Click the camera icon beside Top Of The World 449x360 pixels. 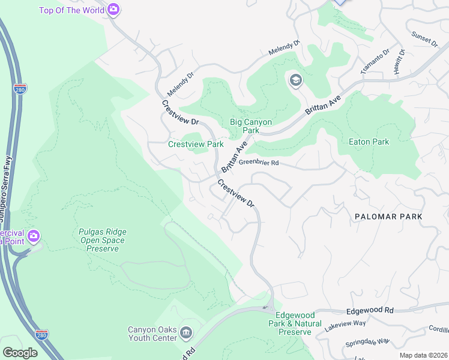(x=113, y=10)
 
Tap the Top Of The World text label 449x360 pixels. (x=72, y=10)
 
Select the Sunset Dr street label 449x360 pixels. (x=425, y=40)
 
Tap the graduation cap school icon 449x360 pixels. (x=295, y=80)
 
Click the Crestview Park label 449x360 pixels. (x=196, y=144)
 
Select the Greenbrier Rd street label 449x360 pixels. (x=259, y=163)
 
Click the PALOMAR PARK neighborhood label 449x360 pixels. (x=388, y=216)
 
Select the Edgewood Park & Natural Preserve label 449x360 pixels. (x=294, y=323)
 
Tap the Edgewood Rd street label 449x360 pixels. (x=370, y=311)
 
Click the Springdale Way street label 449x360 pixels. (x=367, y=343)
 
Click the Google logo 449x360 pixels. (x=20, y=353)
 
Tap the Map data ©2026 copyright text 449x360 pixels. (x=423, y=355)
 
